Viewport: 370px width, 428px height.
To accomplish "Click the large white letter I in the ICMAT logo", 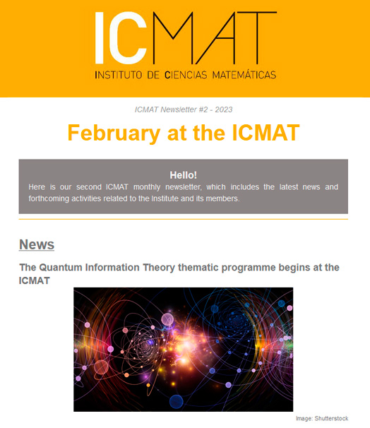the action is point(100,38).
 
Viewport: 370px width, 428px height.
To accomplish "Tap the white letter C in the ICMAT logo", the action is point(128,38).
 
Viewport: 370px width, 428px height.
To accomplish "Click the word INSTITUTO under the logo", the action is point(119,75).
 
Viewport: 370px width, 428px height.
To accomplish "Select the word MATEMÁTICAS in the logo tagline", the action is point(244,75).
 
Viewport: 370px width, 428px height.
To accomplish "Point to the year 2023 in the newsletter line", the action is point(224,109).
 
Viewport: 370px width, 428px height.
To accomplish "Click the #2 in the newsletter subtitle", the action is point(203,109).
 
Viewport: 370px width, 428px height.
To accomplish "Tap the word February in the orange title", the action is point(114,133).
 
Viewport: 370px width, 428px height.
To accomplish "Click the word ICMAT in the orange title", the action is point(266,133).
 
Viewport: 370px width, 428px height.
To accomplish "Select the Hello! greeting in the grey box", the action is point(184,175).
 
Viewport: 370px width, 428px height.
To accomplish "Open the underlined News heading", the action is point(37,244).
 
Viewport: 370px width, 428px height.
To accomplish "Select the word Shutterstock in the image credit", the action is point(331,418).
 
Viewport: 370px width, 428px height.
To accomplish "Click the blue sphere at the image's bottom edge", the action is point(177,402).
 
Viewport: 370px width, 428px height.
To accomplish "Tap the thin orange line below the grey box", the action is point(184,219).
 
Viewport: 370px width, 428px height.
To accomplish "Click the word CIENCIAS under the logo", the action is point(186,75).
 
